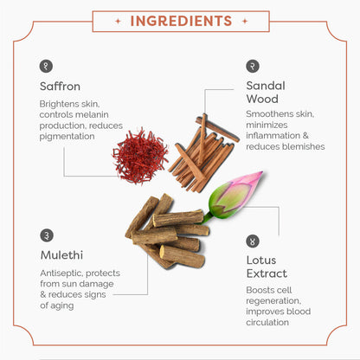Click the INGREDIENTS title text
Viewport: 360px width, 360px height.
(181, 21)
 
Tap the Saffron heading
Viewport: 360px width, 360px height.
(60, 87)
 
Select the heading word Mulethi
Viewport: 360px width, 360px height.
(61, 255)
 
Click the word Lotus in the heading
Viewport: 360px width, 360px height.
(261, 260)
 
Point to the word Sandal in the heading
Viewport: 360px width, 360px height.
(266, 86)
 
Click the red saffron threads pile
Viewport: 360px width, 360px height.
(140, 157)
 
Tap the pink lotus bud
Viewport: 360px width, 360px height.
(235, 194)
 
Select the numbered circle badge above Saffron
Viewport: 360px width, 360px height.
(46, 66)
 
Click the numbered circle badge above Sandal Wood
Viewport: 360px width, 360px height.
(253, 66)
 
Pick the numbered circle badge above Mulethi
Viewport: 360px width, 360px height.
(47, 235)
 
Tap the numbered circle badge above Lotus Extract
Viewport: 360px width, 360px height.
(253, 241)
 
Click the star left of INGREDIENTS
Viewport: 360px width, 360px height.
(118, 21)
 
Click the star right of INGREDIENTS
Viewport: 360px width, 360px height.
(245, 21)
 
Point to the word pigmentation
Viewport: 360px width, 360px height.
(67, 137)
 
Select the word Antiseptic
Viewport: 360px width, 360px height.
(61, 273)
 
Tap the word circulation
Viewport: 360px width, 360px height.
(267, 322)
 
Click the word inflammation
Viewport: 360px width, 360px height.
(273, 136)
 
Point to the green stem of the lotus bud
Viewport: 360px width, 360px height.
(207, 218)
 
